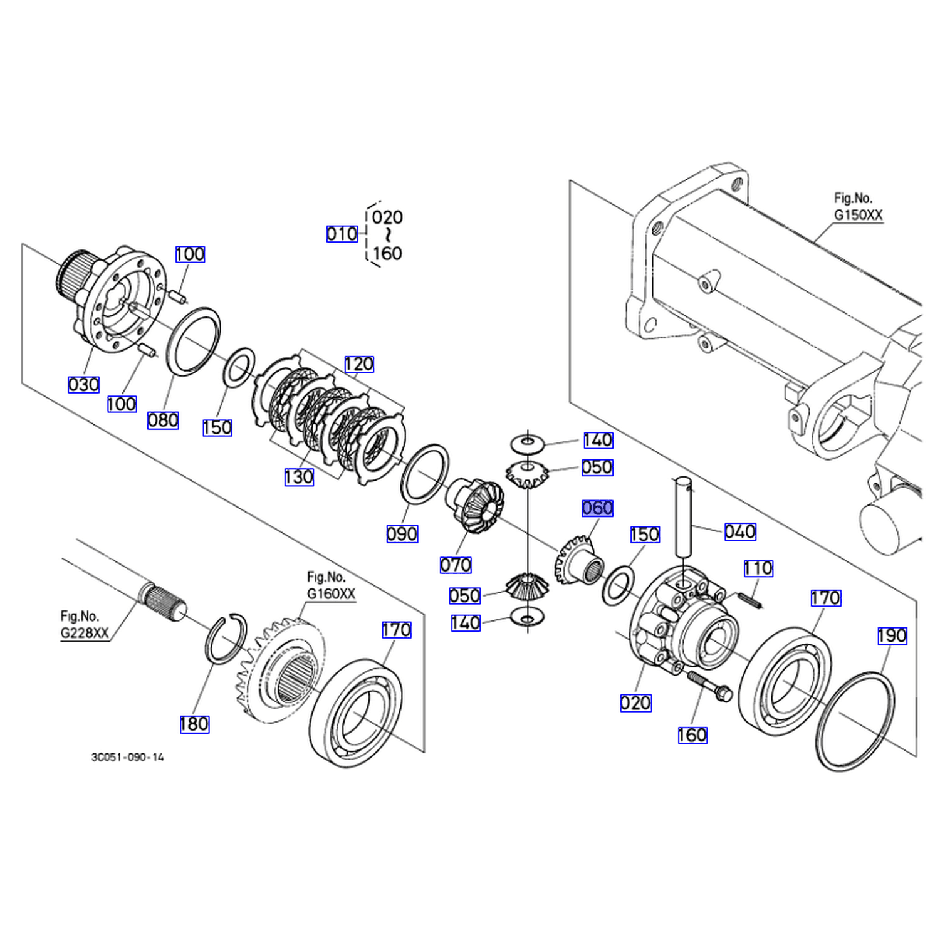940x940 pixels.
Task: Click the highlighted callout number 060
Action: click(x=597, y=508)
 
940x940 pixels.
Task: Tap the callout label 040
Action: click(x=740, y=532)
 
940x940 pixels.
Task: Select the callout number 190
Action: click(x=892, y=636)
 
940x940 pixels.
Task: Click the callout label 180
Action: click(x=194, y=724)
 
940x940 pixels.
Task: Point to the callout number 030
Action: click(x=83, y=385)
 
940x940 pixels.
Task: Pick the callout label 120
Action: click(x=359, y=364)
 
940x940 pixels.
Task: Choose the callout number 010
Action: click(x=342, y=234)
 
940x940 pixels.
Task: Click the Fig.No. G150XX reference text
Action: click(x=858, y=207)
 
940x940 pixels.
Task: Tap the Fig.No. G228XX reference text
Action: click(x=85, y=625)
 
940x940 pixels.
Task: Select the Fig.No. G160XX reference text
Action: click(x=331, y=585)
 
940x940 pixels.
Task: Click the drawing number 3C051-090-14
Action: click(x=128, y=757)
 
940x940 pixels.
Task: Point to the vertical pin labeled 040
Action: click(x=683, y=517)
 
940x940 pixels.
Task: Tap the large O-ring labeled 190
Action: click(x=855, y=721)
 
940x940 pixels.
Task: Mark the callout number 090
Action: click(x=402, y=535)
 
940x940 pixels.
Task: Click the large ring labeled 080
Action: click(x=193, y=342)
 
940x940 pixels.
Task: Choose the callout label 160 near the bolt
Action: click(x=692, y=735)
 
